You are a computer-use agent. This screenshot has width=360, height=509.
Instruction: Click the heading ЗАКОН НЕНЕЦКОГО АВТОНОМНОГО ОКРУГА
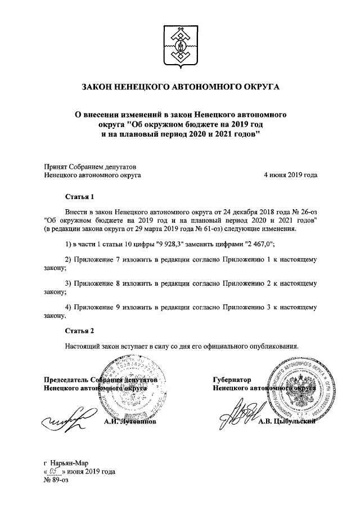coord(180,88)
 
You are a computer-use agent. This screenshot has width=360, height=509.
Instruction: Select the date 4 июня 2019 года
coord(290,175)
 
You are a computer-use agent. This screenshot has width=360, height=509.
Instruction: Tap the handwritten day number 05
coord(53,472)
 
